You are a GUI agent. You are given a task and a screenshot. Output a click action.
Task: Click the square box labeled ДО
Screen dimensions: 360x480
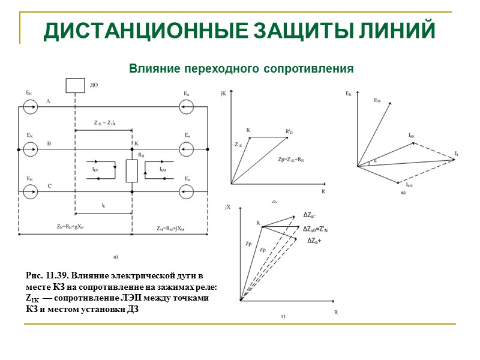click(75, 85)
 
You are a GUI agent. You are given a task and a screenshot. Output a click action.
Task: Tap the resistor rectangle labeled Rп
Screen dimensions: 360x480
click(131, 170)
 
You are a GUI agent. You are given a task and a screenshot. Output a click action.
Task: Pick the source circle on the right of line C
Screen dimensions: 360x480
click(185, 191)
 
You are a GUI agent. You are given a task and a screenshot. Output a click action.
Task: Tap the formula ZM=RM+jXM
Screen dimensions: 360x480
click(172, 228)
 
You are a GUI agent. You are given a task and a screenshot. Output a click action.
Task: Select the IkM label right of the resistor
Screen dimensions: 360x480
click(163, 170)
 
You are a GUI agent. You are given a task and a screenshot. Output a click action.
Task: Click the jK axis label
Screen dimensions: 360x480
click(224, 93)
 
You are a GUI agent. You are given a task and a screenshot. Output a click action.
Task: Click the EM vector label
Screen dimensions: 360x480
click(377, 100)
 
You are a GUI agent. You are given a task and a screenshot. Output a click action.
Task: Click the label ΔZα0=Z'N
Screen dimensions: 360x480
click(319, 229)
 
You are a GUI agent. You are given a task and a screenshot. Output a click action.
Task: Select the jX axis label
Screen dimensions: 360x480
click(227, 207)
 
